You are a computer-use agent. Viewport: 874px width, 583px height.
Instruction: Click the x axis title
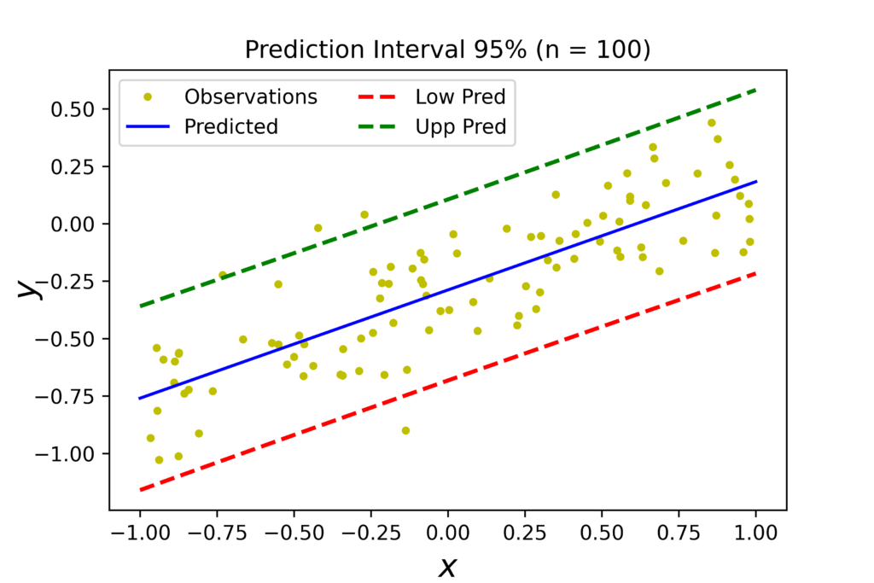[448, 565]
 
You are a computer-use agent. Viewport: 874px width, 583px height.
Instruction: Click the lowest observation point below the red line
[405, 430]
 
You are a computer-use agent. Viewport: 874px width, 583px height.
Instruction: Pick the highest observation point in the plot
[711, 123]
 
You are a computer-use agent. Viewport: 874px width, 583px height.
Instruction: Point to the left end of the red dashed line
[140, 490]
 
